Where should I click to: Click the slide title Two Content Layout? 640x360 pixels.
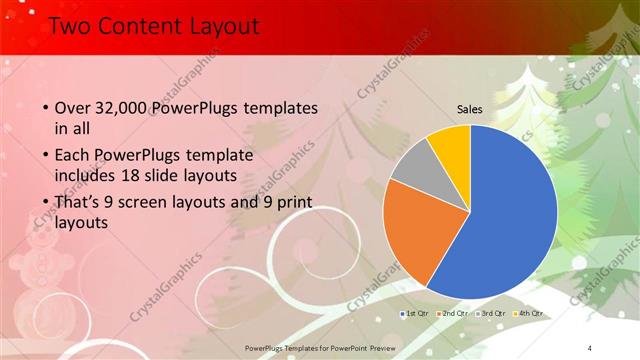coord(154,28)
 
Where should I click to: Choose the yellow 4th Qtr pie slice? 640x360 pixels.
coord(452,144)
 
